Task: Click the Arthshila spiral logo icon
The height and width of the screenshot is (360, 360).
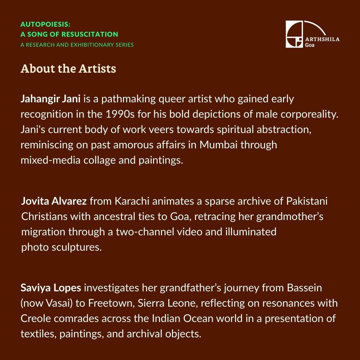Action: click(294, 34)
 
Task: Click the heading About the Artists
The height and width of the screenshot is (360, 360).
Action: click(68, 69)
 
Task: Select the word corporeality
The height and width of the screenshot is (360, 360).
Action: click(305, 114)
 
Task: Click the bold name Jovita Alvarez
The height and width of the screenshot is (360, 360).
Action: click(54, 201)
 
